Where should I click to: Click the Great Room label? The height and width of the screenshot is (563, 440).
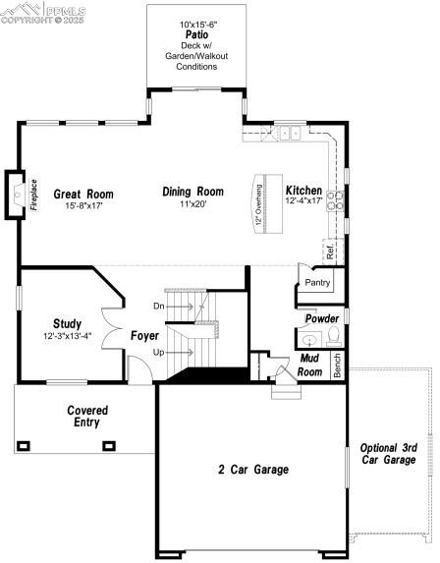point(84,194)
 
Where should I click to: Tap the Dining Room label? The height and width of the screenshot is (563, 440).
point(192,192)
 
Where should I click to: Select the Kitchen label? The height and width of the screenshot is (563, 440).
point(303,190)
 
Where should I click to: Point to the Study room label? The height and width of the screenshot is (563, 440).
point(67,323)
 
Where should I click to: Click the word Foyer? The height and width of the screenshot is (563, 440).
point(144,336)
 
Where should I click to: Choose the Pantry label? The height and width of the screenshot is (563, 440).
point(317,283)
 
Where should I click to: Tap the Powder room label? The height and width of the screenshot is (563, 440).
point(322,318)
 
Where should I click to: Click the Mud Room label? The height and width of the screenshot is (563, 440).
point(310,366)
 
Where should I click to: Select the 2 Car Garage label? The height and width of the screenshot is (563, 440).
point(253,470)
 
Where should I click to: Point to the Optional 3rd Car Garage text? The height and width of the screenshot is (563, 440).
point(388,453)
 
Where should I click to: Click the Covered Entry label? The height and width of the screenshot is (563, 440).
point(87,416)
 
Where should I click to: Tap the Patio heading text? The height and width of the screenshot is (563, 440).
point(195,33)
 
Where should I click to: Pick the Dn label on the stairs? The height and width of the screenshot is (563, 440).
point(159,306)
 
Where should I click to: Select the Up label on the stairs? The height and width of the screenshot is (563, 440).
point(159,351)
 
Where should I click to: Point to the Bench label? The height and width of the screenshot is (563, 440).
point(337,366)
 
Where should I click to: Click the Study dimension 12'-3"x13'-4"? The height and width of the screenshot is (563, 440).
point(67,336)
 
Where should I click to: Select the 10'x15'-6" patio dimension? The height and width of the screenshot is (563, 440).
point(196,23)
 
